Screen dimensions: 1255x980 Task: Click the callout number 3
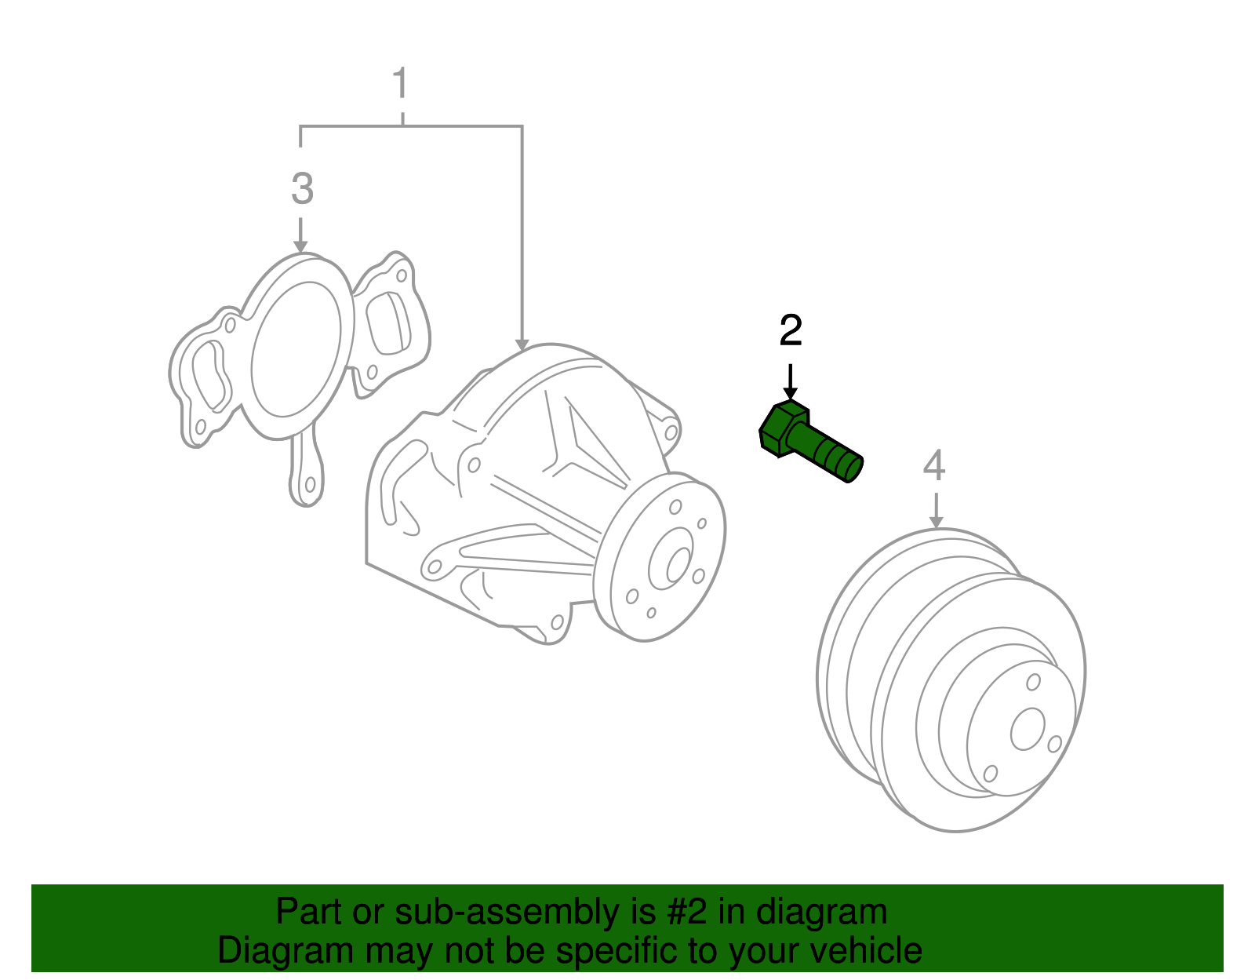coord(302,188)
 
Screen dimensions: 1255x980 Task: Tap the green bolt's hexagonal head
coord(783,429)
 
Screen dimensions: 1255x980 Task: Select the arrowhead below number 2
coord(791,393)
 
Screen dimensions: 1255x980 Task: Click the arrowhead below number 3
coord(300,246)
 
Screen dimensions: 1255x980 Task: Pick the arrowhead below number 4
coord(937,522)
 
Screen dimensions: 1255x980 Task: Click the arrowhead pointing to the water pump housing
coord(522,344)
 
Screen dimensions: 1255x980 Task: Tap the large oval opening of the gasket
coord(296,349)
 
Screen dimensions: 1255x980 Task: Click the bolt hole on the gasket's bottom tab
coord(310,484)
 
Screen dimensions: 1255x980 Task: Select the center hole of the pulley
coord(1028,729)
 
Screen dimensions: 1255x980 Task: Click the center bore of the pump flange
coord(678,565)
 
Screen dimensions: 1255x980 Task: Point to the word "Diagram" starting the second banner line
coord(286,951)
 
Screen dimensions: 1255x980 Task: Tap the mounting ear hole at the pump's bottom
coord(558,622)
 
